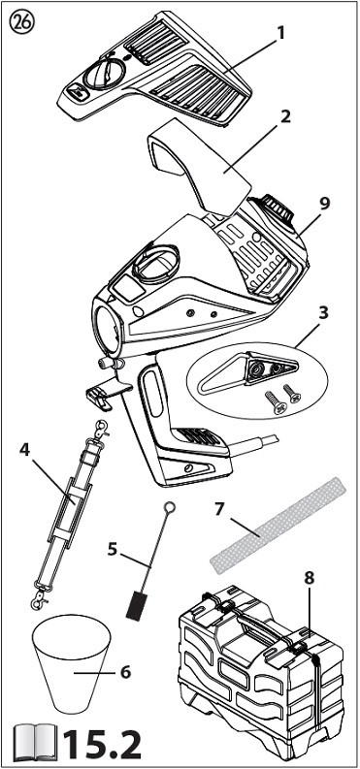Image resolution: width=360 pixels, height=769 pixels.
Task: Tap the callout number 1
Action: point(281,32)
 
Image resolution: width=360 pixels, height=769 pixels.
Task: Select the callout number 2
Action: point(285,116)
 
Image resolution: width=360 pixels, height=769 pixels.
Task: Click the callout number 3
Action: point(323,313)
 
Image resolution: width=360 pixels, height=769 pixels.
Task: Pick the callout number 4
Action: point(25,450)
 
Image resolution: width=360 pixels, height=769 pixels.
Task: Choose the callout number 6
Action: point(125,672)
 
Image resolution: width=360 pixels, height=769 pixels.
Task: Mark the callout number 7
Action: point(218,510)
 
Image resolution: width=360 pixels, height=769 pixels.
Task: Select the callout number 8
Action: point(309,578)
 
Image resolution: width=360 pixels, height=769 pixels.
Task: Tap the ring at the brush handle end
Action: point(169,506)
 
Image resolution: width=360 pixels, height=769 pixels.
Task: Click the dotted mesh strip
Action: point(278,525)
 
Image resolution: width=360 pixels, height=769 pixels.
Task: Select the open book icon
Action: point(33,744)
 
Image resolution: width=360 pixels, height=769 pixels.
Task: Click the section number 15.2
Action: point(101,745)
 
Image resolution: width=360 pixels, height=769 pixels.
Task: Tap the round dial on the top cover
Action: point(104,74)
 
